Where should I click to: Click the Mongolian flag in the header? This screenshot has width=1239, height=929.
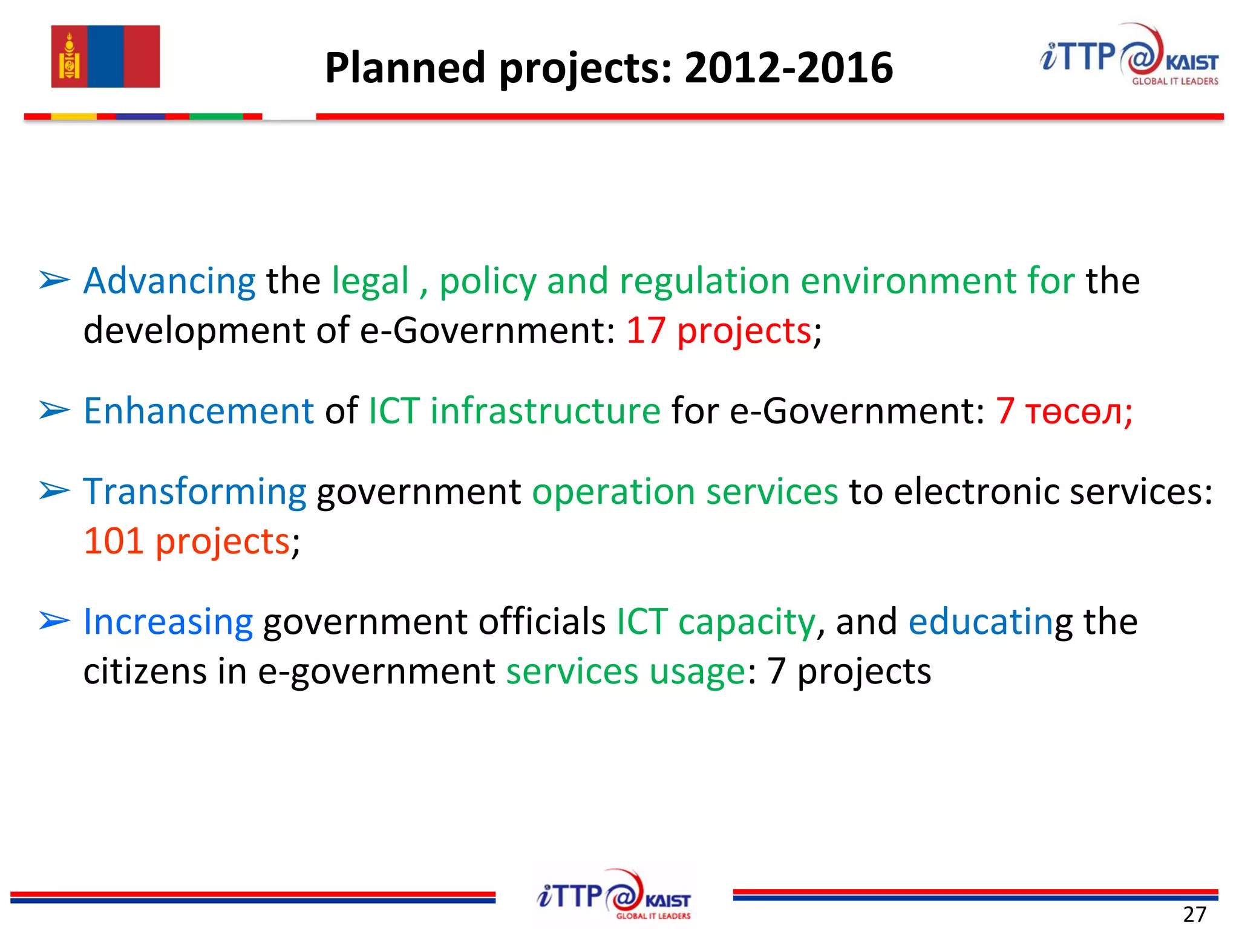tap(105, 56)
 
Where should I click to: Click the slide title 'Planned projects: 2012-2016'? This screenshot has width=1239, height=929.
tap(609, 67)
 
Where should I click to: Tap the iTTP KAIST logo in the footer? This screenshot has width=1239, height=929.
tap(613, 895)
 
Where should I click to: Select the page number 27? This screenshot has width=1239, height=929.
tap(1195, 914)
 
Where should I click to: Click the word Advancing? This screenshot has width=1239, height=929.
tap(169, 281)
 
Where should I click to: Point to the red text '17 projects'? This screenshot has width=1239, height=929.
tap(718, 331)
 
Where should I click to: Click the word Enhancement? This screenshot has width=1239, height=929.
tap(198, 411)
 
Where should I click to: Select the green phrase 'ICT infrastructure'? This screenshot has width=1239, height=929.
tap(514, 411)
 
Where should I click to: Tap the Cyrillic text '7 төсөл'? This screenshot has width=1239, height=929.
tap(1063, 411)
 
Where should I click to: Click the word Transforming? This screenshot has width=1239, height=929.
tap(195, 491)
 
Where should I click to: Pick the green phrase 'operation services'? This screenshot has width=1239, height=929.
tap(685, 491)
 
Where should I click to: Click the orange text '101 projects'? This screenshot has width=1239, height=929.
tap(187, 541)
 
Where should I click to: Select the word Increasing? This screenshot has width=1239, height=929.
tap(168, 622)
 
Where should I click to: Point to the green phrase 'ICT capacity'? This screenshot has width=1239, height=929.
tap(716, 622)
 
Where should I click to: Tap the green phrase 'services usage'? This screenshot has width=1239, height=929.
tap(626, 671)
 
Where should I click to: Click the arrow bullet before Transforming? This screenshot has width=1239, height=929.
tap(54, 491)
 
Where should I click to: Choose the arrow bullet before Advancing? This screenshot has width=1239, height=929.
tap(54, 281)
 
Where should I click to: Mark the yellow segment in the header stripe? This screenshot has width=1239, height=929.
tap(74, 116)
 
